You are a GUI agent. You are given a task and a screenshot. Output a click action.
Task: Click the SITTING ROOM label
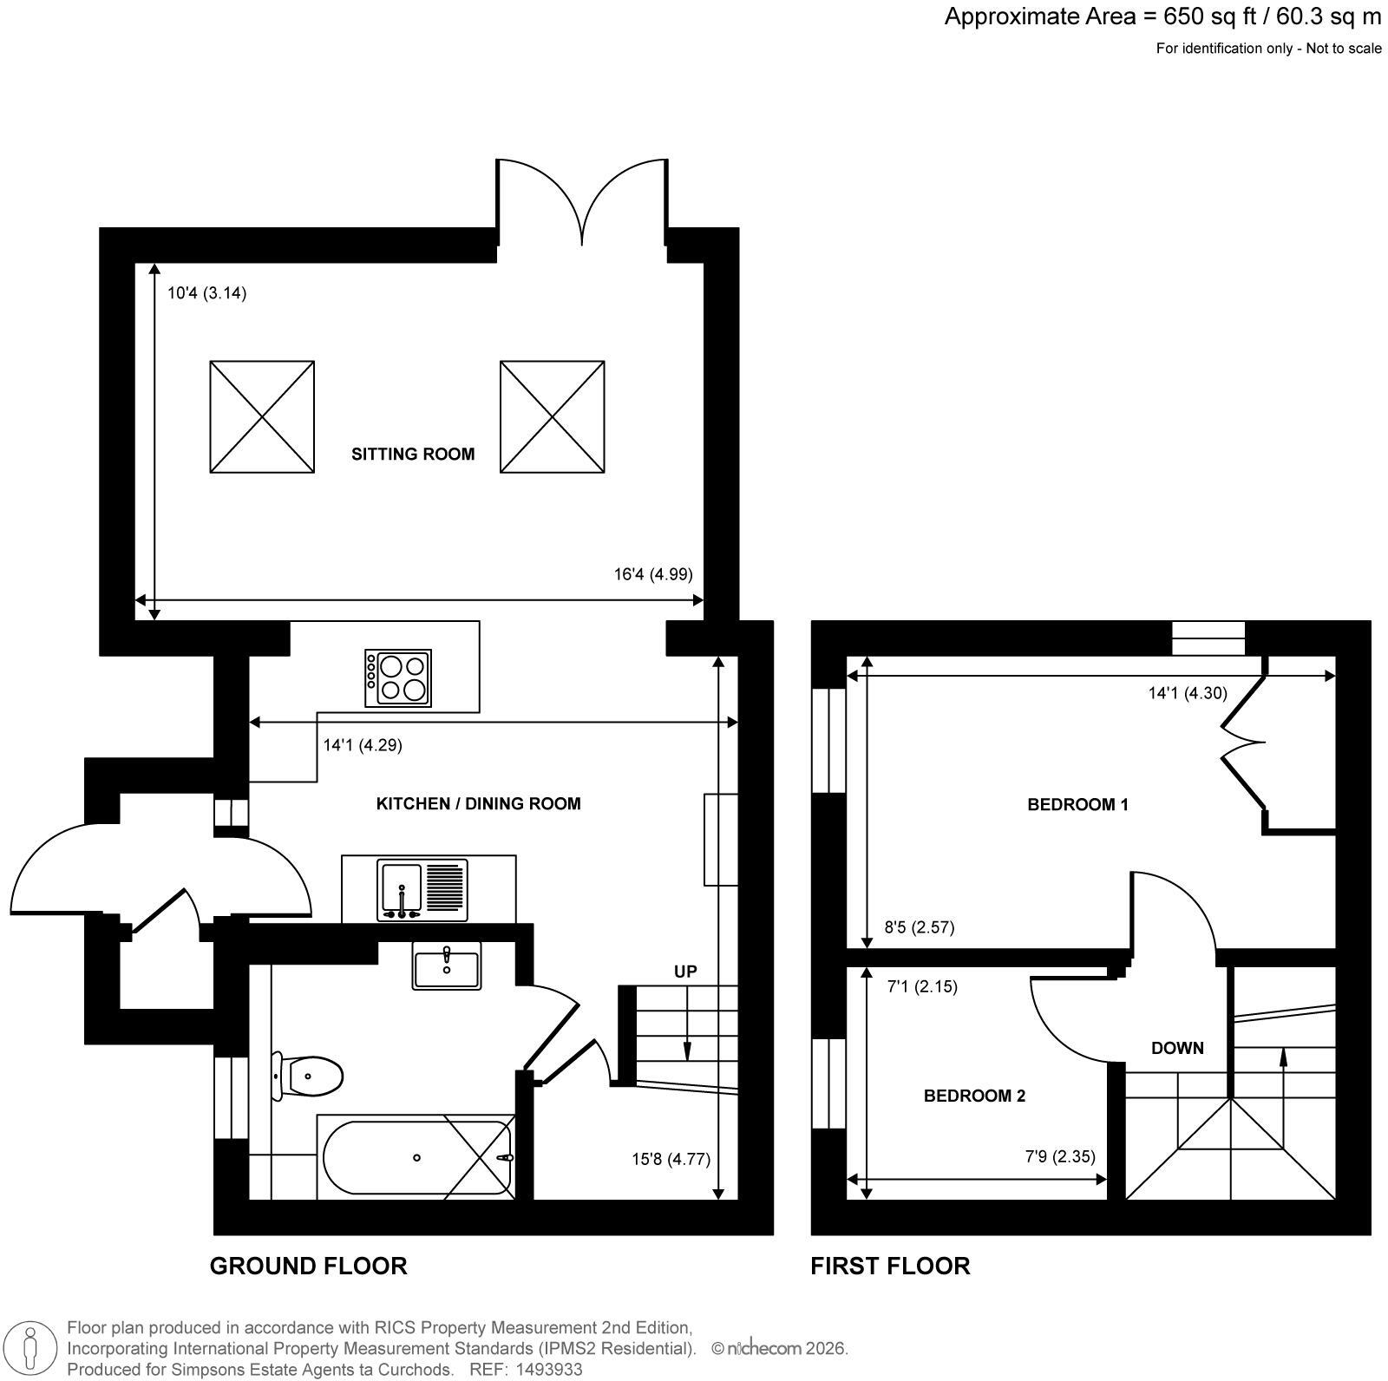[x=413, y=454]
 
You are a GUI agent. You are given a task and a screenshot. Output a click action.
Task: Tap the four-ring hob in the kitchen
[x=398, y=677]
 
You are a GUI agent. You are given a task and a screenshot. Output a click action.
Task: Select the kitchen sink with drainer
[x=422, y=890]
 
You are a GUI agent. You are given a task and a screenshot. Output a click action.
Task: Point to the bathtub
[x=417, y=1157]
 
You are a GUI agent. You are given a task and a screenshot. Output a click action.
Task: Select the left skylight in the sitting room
[x=262, y=417]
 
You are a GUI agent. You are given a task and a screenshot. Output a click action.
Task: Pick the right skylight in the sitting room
[x=553, y=417]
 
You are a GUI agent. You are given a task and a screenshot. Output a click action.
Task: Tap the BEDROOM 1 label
[x=1077, y=805]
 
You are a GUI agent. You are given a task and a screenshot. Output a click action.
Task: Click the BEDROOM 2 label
[x=974, y=1096]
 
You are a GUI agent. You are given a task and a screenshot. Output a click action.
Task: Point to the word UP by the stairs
[x=685, y=972]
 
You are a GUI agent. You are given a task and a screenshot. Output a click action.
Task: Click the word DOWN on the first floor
[x=1177, y=1048]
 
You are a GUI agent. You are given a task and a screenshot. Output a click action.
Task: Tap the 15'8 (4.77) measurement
[x=671, y=1159]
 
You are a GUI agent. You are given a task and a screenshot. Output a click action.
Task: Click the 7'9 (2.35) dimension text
[x=1060, y=1156]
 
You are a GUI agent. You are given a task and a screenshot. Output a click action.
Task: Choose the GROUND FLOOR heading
[x=309, y=1266]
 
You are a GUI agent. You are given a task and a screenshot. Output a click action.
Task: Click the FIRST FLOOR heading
[x=890, y=1266]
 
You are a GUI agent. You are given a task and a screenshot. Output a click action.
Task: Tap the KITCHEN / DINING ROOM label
[x=478, y=804]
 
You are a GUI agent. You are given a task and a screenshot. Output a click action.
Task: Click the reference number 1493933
[x=550, y=1370]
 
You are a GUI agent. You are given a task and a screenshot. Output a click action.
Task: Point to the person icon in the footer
[x=31, y=1349]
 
